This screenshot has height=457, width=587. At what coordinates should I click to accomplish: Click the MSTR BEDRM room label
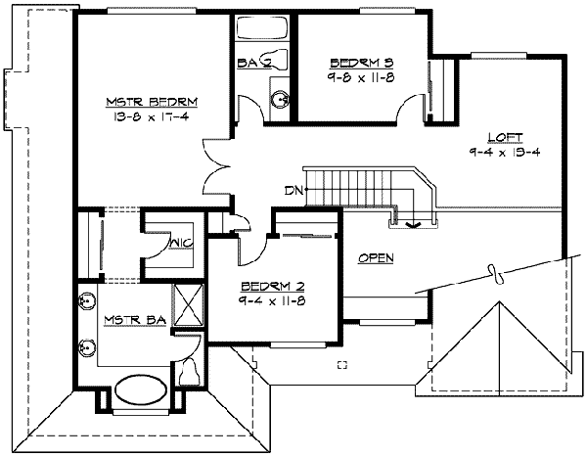coord(152,102)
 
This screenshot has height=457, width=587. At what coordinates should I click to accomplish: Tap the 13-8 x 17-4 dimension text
coord(151,116)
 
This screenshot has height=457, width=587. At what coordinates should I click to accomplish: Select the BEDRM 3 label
coord(362,63)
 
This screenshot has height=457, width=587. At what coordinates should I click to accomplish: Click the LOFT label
coord(505,137)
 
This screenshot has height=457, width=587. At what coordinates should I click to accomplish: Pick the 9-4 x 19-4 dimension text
coord(505,152)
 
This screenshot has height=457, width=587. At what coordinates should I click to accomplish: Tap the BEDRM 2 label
coord(273,287)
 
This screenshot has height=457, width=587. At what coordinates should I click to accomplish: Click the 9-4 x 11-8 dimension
coord(272,300)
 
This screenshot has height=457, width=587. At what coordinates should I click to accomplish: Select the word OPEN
coord(377,258)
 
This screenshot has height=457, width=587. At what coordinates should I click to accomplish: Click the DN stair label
coord(293,191)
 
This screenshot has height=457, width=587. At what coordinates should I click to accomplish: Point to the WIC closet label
coord(182,244)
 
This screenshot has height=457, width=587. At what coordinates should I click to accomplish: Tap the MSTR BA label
coord(135,320)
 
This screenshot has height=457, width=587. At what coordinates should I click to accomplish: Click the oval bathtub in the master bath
coord(141,389)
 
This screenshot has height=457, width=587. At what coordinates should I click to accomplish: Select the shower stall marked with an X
coord(188,305)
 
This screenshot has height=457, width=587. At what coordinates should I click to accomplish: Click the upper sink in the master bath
coord(86,300)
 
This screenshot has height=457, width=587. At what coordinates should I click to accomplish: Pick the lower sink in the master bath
coord(86,347)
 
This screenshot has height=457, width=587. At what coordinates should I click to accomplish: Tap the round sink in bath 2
coord(281,100)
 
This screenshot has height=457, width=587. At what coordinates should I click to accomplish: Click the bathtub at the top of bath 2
coord(262,27)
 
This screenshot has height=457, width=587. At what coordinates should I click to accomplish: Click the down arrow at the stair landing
coord(413,224)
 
